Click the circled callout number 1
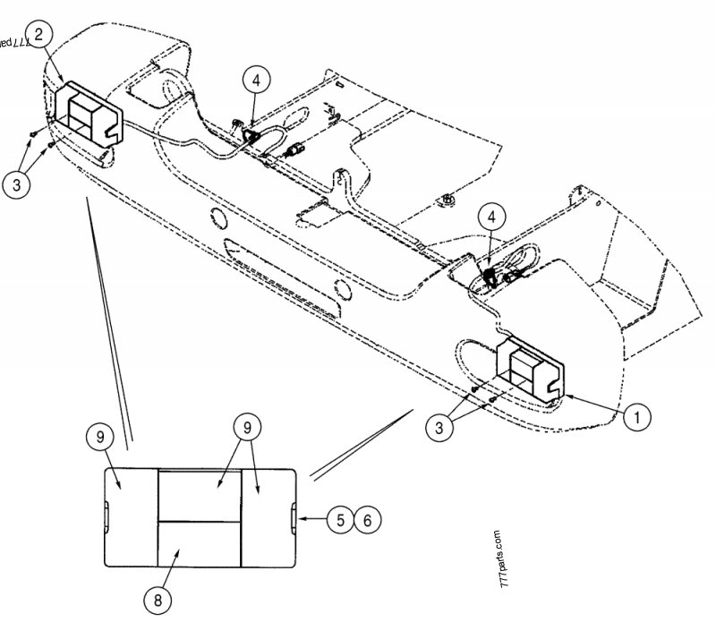pos(637,415)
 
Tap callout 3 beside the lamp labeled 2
pos(16,185)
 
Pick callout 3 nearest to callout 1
pos(440,428)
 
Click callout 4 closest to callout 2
pos(256,81)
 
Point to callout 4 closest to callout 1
pos(490,217)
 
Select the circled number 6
pos(366,518)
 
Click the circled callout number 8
pos(158,599)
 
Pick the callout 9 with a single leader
pos(100,438)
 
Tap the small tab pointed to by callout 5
pos(295,516)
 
